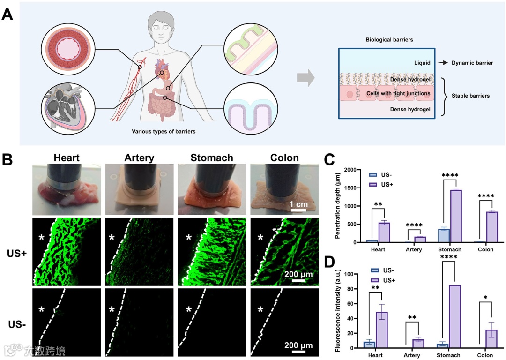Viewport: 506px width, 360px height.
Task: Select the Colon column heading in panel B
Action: click(x=284, y=157)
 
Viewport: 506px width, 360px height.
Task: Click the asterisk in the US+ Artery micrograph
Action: click(x=112, y=238)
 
